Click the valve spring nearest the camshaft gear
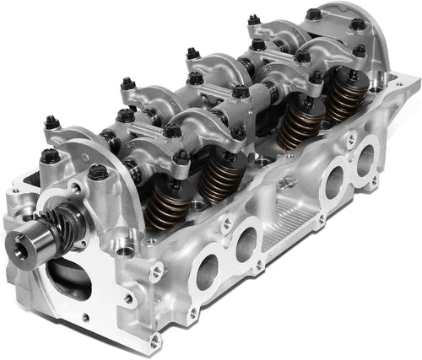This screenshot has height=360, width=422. tap(164, 206)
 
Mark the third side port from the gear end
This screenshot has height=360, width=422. tap(334, 180)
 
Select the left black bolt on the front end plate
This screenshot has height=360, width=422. tap(49, 155)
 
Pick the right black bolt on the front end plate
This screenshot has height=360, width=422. tap(97, 173)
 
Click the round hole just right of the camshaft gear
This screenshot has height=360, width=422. tap(125, 250)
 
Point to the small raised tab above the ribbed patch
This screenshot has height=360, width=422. tap(286, 182)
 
